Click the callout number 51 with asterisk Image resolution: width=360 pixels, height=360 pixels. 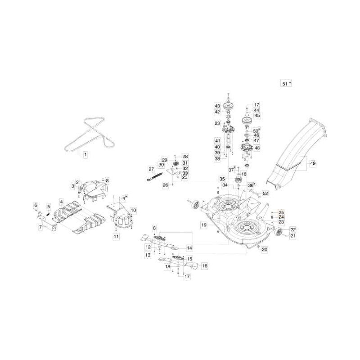point(284,84)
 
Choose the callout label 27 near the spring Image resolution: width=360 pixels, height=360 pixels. point(151,169)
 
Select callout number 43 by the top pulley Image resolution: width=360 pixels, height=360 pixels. point(217,106)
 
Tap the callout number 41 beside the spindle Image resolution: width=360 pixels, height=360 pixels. point(217,140)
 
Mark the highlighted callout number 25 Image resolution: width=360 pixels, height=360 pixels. point(281,212)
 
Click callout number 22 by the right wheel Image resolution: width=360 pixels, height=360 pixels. point(292,229)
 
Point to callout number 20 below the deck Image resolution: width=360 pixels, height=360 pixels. point(264,249)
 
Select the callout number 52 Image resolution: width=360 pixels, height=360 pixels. point(265,193)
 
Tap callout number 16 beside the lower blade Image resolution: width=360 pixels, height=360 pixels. point(204,266)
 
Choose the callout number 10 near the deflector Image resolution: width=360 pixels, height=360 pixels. point(133,210)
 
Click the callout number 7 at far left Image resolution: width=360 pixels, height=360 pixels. point(40,228)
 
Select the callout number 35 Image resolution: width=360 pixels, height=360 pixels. point(222,179)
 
